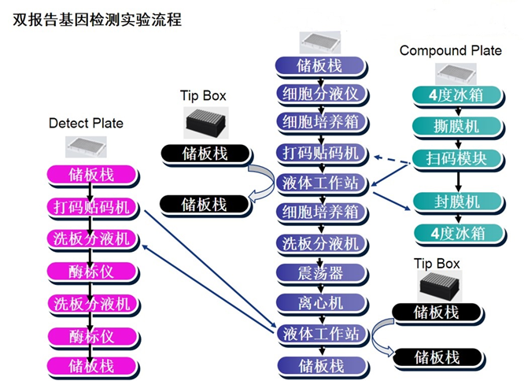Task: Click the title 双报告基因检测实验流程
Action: pyautogui.click(x=98, y=20)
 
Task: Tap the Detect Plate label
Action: pyautogui.click(x=86, y=123)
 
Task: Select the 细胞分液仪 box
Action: pyautogui.click(x=320, y=94)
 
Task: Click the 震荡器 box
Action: pyautogui.click(x=320, y=273)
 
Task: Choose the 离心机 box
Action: pyautogui.click(x=320, y=303)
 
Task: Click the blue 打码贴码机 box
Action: pyautogui.click(x=320, y=153)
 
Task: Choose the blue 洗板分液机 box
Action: pyautogui.click(x=320, y=243)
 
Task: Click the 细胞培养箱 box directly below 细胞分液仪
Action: pyautogui.click(x=320, y=123)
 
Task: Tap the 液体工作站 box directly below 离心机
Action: pyautogui.click(x=320, y=333)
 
